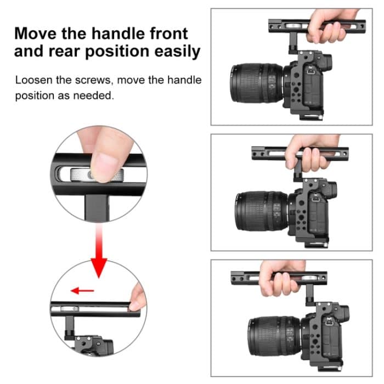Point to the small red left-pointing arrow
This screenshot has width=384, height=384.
click(83, 290)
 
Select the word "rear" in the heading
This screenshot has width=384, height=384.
click(66, 52)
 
